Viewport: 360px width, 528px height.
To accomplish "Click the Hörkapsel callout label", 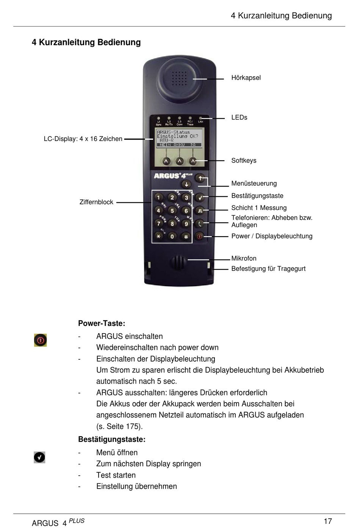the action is pos(246,78).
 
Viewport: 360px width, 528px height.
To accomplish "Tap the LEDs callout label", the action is pos(239,118).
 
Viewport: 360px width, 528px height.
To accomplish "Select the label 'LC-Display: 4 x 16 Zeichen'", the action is pos(83,139).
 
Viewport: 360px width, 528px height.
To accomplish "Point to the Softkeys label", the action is pos(244,160).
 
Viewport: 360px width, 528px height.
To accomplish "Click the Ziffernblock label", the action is pos(96,202).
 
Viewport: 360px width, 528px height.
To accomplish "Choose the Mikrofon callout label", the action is pos(244,259).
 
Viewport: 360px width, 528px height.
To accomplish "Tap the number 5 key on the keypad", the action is pos(172,211).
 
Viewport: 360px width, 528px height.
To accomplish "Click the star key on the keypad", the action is pos(158,237).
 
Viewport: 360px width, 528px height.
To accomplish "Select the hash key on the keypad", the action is pos(186,237).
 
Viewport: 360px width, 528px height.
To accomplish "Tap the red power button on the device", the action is pos(200,236).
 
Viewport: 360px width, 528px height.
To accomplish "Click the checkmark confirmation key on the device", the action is pos(200,197).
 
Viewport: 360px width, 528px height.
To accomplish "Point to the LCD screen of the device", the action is pos(179,138).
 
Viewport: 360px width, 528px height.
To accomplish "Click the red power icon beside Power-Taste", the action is pos(40,340).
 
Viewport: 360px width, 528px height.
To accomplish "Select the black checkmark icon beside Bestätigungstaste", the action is pos(39,457).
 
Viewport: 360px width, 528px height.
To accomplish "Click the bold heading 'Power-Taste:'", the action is pos(102,323).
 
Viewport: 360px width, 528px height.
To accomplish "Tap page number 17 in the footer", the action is pos(328,521).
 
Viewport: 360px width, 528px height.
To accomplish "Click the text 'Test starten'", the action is pos(116,475).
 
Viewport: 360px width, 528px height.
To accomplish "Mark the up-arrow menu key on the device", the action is pos(200,178).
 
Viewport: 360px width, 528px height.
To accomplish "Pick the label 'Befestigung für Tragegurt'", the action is pos(268,269).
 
